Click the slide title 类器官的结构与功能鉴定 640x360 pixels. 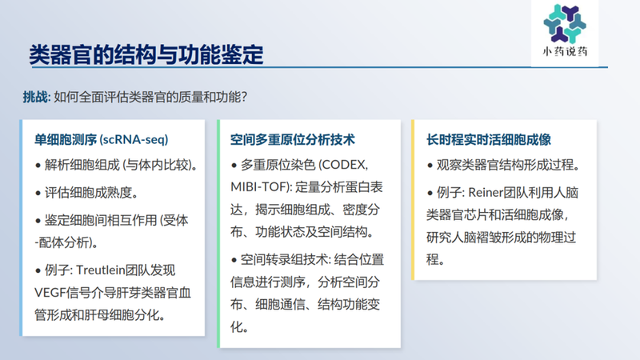(146, 55)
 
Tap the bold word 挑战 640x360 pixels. (35, 98)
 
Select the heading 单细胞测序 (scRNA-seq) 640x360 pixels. (101, 138)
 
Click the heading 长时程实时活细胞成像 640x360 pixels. (489, 138)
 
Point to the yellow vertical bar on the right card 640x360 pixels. (413, 200)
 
